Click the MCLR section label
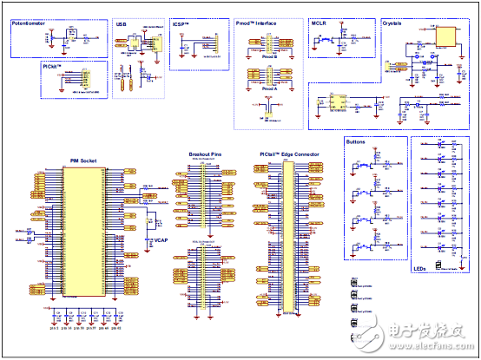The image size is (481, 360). (x=319, y=26)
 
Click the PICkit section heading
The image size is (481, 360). (x=52, y=65)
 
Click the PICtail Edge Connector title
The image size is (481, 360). (x=289, y=154)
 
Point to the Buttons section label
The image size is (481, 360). (x=356, y=141)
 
